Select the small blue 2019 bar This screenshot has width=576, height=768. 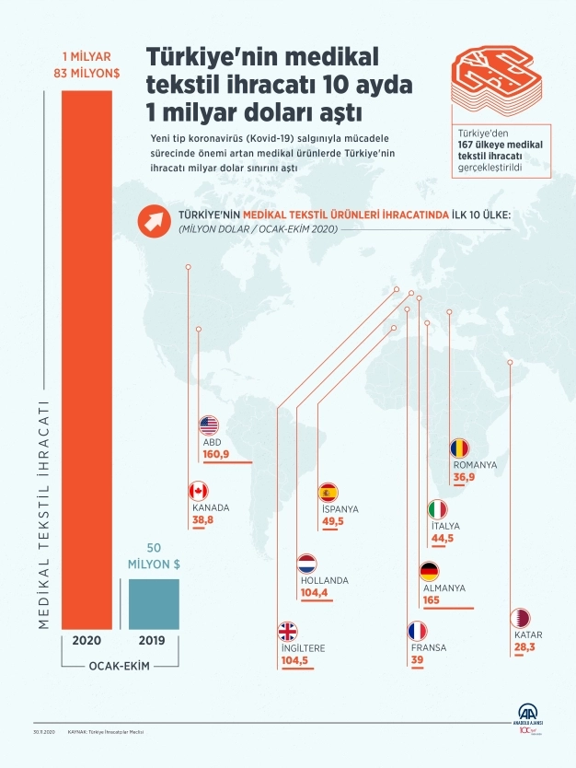[154, 604]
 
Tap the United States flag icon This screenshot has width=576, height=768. [208, 425]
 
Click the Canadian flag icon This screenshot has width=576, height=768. [198, 491]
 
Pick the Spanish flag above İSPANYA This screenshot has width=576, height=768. [328, 492]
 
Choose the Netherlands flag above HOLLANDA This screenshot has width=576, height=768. [307, 564]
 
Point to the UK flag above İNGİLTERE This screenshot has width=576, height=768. [288, 631]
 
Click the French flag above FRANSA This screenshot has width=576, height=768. [418, 632]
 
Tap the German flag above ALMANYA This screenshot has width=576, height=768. [429, 571]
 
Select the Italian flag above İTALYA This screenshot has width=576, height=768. [438, 509]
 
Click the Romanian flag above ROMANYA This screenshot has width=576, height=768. [459, 448]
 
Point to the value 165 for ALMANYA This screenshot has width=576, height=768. [431, 599]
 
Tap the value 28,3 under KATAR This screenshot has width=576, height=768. [525, 648]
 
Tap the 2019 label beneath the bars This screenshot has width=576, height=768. [154, 640]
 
